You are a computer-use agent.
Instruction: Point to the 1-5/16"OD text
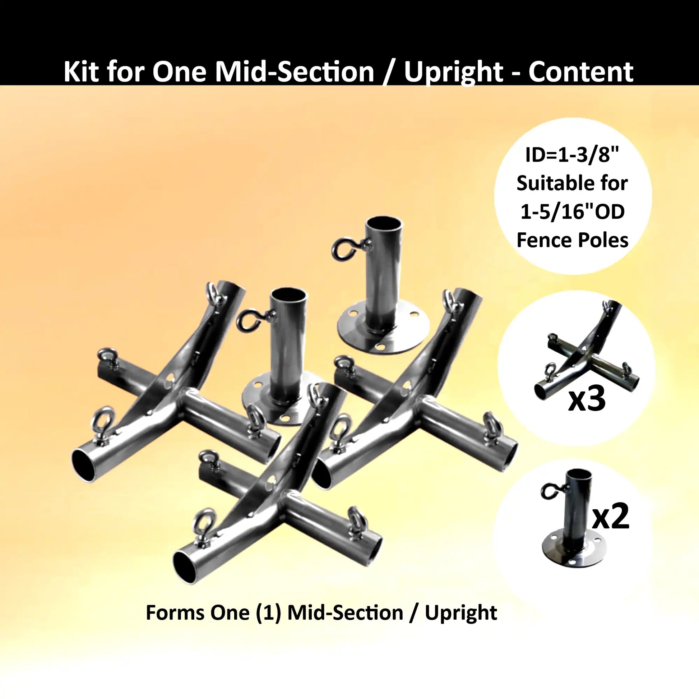tap(573, 212)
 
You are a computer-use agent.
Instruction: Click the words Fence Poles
tap(573, 240)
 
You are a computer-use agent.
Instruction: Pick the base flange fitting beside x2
tap(572, 532)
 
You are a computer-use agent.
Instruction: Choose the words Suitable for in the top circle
tap(573, 184)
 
